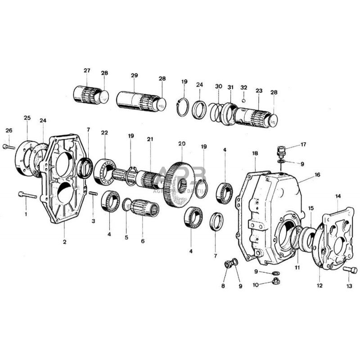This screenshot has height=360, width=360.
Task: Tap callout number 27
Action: pyautogui.click(x=87, y=71)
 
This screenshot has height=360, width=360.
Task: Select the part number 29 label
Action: pyautogui.click(x=134, y=76)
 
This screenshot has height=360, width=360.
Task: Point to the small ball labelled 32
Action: pyautogui.click(x=243, y=100)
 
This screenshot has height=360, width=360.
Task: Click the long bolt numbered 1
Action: pyautogui.click(x=27, y=195)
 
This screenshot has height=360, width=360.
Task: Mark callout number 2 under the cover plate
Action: pyautogui.click(x=65, y=242)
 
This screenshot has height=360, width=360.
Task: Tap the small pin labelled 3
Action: pyautogui.click(x=94, y=194)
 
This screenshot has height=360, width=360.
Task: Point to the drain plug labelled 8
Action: pyautogui.click(x=229, y=265)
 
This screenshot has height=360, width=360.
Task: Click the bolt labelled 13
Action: pyautogui.click(x=351, y=270)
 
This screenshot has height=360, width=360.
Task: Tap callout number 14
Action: pyautogui.click(x=338, y=196)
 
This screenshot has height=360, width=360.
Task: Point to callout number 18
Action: pyautogui.click(x=255, y=153)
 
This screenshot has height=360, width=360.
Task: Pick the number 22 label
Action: pyautogui.click(x=104, y=132)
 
